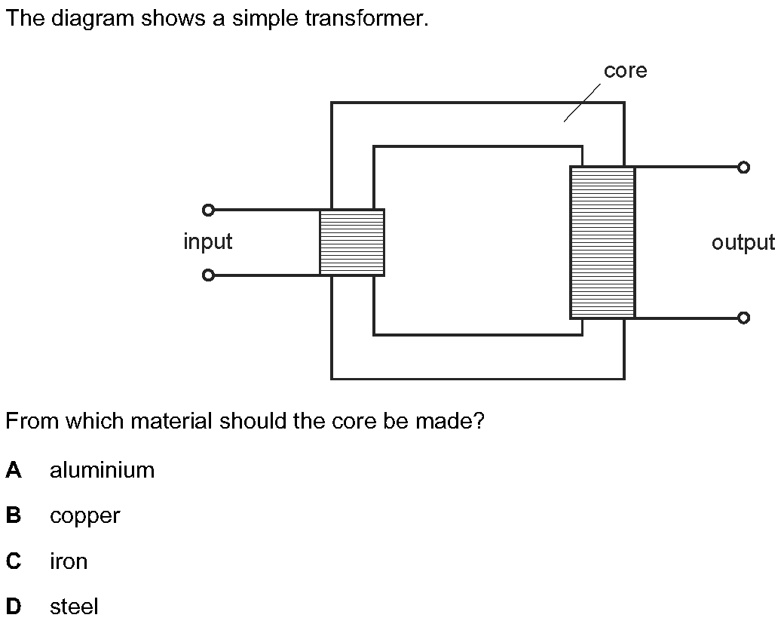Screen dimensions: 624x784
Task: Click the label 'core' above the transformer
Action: (625, 71)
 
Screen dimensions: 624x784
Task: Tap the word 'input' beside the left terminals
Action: (207, 242)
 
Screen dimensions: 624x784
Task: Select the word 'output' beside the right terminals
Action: (743, 242)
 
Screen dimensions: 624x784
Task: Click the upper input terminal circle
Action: (209, 210)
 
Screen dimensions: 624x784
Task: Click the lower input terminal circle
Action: (209, 275)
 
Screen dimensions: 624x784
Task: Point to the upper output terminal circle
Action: (743, 168)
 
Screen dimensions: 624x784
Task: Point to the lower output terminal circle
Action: (743, 318)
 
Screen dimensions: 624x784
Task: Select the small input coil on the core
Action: (352, 242)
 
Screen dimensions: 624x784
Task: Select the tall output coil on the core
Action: (602, 242)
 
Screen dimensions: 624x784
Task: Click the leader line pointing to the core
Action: (582, 103)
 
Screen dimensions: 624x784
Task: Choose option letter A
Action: (14, 470)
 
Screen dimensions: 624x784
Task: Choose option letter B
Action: (14, 516)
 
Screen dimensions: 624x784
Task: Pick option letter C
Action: (14, 561)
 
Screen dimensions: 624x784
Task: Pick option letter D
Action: (14, 607)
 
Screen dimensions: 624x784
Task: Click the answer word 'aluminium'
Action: (102, 470)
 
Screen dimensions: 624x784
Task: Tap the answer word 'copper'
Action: (84, 517)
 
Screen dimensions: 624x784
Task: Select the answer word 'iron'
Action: (69, 561)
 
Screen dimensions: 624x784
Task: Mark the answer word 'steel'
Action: (74, 607)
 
